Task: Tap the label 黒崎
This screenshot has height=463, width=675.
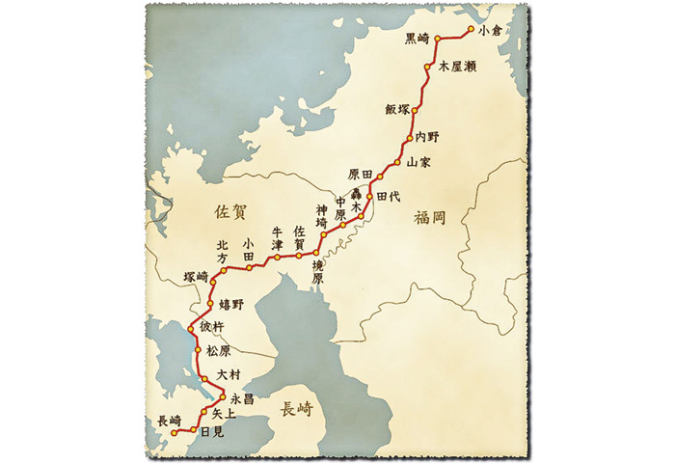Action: click(x=418, y=39)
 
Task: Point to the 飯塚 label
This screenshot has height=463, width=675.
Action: click(x=396, y=108)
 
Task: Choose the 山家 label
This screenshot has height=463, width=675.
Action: click(x=418, y=163)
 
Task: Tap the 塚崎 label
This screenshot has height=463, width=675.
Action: click(x=196, y=278)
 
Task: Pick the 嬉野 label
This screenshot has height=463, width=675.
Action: click(x=231, y=305)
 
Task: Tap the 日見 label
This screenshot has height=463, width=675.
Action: click(x=211, y=433)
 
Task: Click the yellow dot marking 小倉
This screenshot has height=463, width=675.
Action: click(x=470, y=30)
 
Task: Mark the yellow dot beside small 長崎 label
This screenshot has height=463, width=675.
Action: click(x=175, y=433)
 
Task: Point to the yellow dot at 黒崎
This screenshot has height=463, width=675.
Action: click(x=437, y=39)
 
